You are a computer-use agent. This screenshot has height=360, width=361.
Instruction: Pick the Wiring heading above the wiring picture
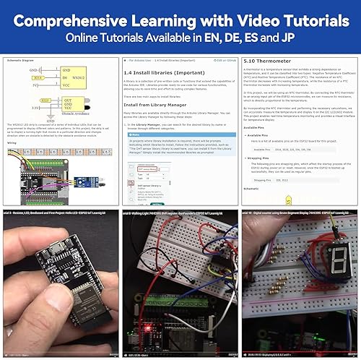point(12,143)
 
